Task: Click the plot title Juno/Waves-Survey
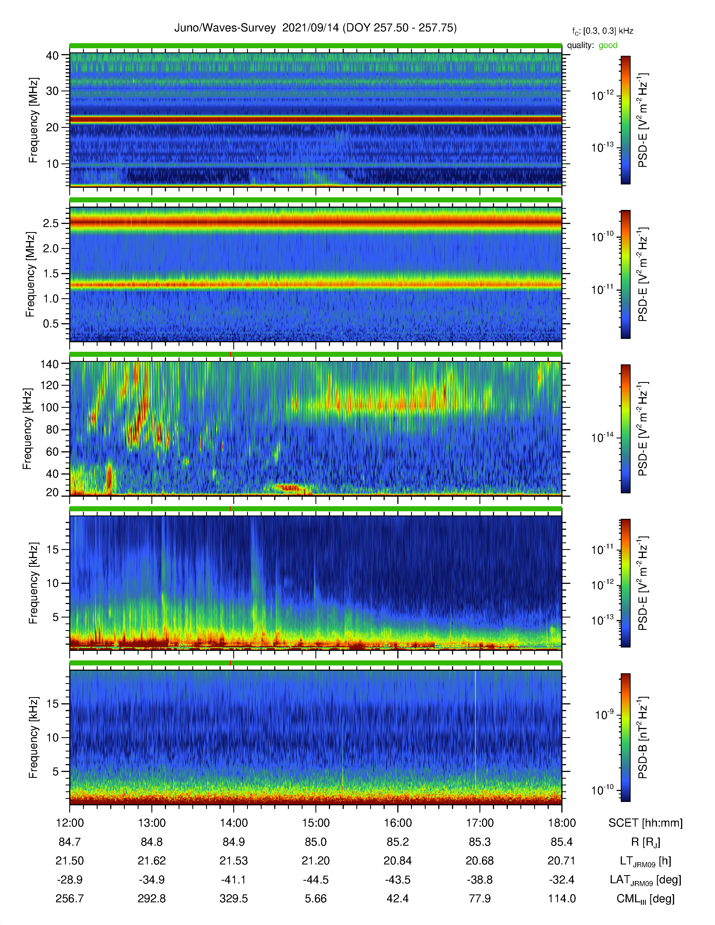tap(225, 28)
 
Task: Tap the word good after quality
tap(608, 45)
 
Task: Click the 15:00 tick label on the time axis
tap(315, 823)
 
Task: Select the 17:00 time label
tap(479, 823)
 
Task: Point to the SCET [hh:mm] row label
tap(645, 823)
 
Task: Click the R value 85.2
tap(398, 842)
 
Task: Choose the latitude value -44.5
tap(315, 880)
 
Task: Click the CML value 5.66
tap(315, 899)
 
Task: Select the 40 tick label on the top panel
tap(52, 55)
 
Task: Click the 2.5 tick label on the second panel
tap(51, 223)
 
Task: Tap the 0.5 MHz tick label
tap(51, 323)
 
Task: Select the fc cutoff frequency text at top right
tap(602, 31)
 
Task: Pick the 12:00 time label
tap(70, 823)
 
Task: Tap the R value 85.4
tap(562, 842)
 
